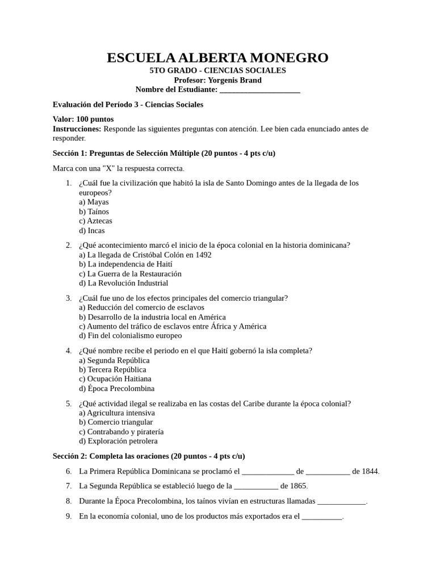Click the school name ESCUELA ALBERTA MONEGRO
coord(217,57)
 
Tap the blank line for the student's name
coord(259,90)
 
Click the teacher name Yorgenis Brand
coord(234,80)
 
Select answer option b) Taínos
coord(94,211)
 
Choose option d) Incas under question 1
coord(92,231)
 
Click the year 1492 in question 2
coord(202,255)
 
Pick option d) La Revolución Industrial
coord(124,283)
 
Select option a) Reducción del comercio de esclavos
coord(141,307)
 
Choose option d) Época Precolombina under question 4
coord(116,389)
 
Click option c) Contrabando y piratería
coord(121,431)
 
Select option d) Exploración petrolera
coord(118,441)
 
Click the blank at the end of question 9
coord(322,517)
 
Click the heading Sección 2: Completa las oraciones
coord(149,456)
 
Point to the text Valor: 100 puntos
coord(83,119)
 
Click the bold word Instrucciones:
coord(77,129)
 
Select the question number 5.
coord(68,404)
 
